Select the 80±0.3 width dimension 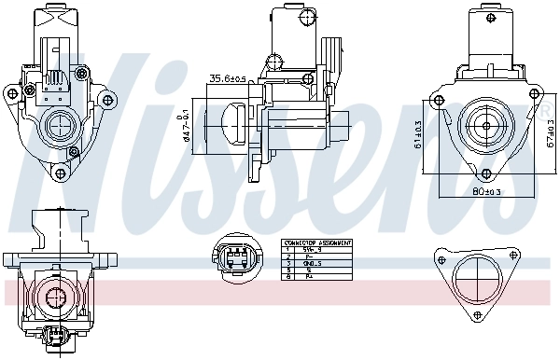click(485, 192)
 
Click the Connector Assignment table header click(316, 242)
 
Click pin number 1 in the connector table click(290, 249)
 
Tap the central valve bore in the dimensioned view click(485, 125)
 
